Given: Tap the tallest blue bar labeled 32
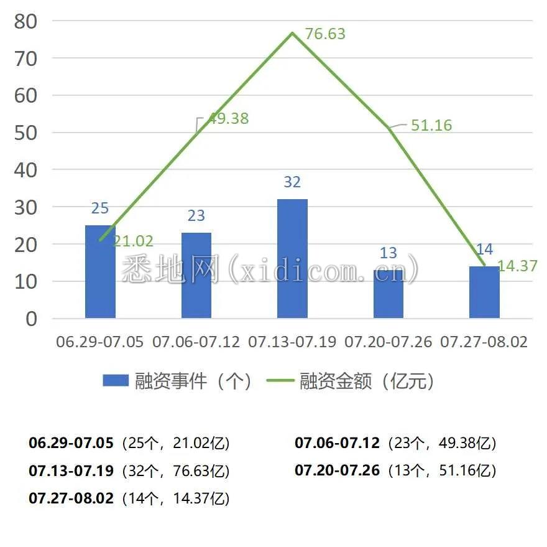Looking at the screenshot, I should [x=292, y=259].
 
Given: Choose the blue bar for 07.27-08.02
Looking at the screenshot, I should [x=484, y=292].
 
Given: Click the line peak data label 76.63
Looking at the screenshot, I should [x=325, y=34].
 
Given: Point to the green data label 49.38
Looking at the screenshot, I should [x=228, y=118].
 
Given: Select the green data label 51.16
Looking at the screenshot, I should [x=431, y=125].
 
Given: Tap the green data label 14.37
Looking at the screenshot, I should [x=517, y=266].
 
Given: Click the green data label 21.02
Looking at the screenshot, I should [x=133, y=241].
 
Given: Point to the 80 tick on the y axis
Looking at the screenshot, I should [x=25, y=21].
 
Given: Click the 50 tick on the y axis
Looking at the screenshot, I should [x=25, y=133].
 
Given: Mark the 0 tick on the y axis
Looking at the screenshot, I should [x=30, y=319].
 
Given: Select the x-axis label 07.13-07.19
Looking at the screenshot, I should [x=292, y=342].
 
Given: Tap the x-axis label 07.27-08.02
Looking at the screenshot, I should [x=484, y=342].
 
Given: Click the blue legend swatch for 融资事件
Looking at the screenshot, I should [x=116, y=381].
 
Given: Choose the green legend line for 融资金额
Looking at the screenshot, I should [x=280, y=381].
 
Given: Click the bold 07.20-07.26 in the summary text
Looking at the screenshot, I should [x=337, y=470].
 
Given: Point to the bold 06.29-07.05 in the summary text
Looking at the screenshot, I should [x=71, y=443].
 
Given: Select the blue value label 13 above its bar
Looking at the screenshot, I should [x=388, y=253].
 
